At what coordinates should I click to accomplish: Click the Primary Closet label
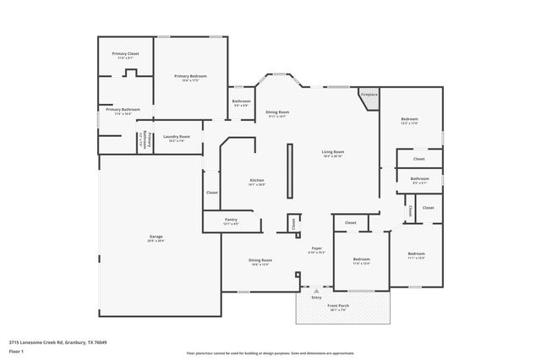[x=126, y=54]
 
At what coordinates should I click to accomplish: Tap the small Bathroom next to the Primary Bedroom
[x=241, y=102]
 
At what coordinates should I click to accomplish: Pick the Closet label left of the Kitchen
[x=211, y=193]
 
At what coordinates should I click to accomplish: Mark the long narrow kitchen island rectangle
[x=290, y=170]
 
